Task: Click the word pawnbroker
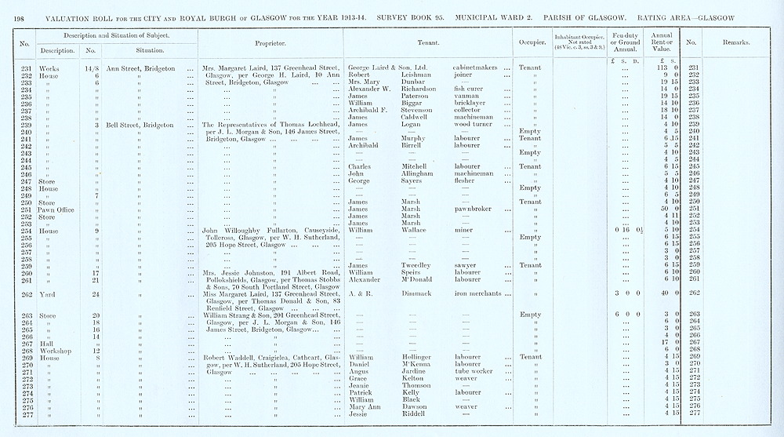tap(473, 209)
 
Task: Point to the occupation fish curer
tap(468, 89)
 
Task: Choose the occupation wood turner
tap(473, 124)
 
